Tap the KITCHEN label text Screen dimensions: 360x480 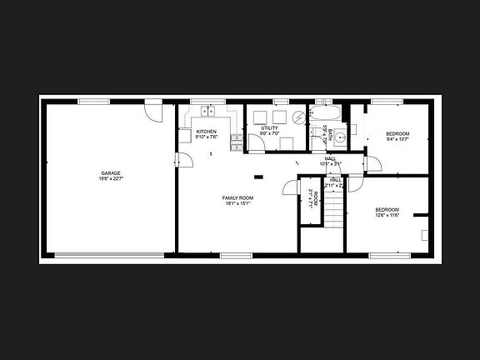point(206,132)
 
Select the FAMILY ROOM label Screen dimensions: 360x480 point(237,197)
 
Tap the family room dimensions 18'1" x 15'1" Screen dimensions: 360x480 point(237,202)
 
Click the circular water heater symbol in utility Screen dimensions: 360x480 point(297,117)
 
